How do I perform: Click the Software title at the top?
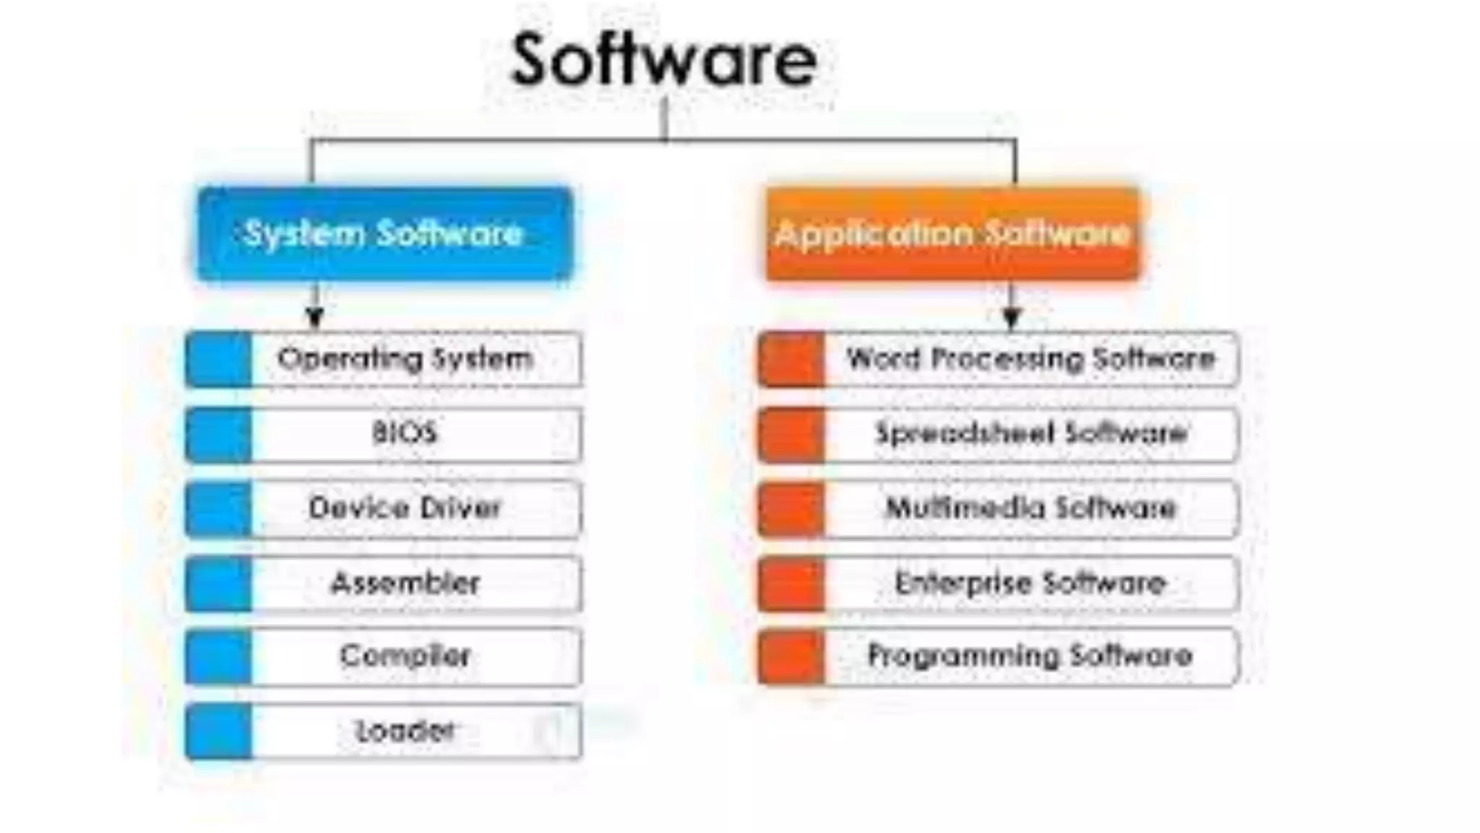point(663,59)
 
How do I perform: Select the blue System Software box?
point(384,234)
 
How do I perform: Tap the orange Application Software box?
point(952,234)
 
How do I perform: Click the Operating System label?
point(405,359)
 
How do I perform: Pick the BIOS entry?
point(405,433)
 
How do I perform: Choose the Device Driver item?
point(405,508)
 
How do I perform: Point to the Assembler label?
point(405,583)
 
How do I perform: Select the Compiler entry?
point(405,656)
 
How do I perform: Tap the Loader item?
point(405,731)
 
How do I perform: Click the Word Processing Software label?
point(1031,359)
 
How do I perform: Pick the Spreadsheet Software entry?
point(1031,433)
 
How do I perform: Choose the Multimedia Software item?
point(1031,508)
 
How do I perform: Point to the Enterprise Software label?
point(1031,583)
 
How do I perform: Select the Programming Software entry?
point(1031,656)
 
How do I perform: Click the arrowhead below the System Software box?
point(314,317)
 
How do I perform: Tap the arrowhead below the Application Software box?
point(1012,317)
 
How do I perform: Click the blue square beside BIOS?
point(218,435)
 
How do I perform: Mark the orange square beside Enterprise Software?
point(791,584)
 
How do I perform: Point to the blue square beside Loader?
point(218,732)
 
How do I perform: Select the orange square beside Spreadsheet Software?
point(791,435)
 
